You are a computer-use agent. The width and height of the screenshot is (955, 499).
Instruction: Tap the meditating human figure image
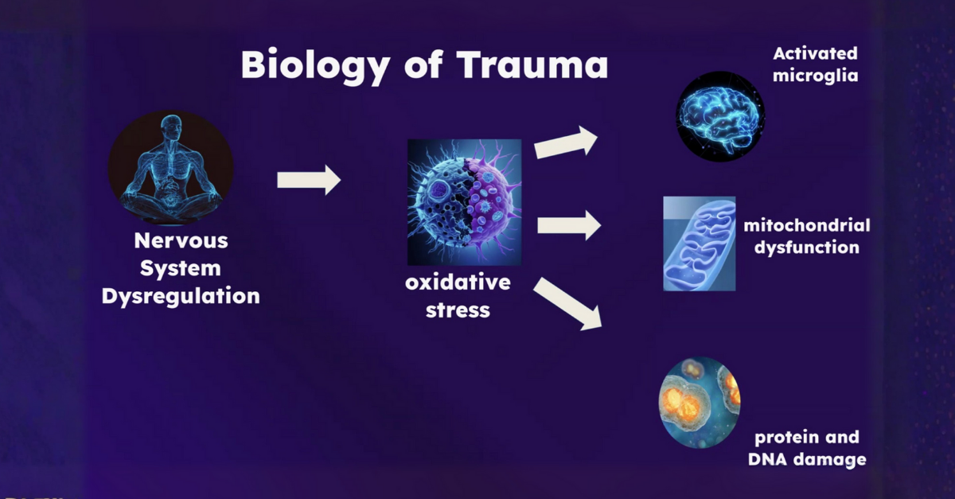pos(170,168)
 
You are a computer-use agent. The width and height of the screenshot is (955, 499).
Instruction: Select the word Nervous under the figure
pos(181,240)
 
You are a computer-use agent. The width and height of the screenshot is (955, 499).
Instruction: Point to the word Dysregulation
pos(181,297)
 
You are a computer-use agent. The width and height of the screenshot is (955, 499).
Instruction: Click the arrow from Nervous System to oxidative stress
pos(308,181)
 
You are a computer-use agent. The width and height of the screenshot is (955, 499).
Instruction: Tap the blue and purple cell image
pos(464,202)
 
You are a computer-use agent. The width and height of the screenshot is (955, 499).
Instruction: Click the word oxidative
pos(458,283)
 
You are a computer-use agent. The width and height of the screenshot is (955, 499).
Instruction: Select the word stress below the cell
pos(458,310)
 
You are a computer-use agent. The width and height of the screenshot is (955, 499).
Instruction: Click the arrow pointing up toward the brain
pos(565,142)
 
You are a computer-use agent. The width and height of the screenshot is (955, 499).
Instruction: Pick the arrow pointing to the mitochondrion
pos(568,225)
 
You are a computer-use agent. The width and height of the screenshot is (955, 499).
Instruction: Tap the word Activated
pos(815,54)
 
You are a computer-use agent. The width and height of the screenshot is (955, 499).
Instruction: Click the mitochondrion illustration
pos(699,244)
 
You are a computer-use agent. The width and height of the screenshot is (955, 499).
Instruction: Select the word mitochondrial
pos(806,225)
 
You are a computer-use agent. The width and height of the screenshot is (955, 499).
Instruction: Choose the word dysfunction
pos(806,248)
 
